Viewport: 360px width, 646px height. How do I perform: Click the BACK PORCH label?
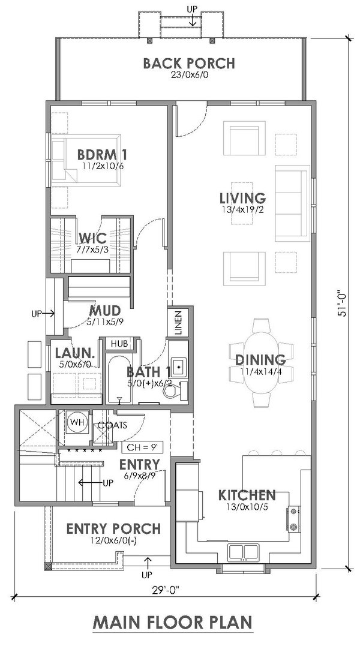point(189,64)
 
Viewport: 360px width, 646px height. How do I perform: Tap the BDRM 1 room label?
point(102,155)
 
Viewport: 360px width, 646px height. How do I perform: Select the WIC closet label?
point(92,238)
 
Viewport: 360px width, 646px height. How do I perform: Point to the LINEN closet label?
point(178,322)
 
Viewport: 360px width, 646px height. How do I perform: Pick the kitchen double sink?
point(243,552)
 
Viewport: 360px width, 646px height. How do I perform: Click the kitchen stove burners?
point(293,519)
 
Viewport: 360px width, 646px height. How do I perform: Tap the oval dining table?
point(261,363)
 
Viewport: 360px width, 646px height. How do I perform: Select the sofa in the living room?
point(292,203)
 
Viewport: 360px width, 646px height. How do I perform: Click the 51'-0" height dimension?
point(341,305)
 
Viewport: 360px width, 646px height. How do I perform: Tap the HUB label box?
point(119,342)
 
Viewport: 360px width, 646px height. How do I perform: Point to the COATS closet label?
point(112,426)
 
